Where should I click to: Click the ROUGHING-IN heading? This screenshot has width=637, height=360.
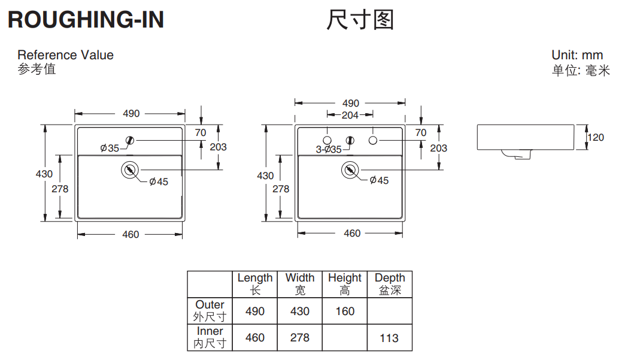86,20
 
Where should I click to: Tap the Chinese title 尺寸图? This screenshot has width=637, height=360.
360,20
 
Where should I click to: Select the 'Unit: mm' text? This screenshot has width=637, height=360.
577,55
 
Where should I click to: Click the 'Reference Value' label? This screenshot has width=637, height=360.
65,55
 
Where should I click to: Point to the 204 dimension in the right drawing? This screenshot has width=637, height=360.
350,115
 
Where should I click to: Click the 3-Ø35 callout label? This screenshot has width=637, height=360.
329,149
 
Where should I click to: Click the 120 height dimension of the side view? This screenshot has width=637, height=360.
596,137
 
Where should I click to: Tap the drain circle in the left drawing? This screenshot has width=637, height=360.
129,170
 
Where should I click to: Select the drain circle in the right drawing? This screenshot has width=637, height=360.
350,170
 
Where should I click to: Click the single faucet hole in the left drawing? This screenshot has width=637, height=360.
130,141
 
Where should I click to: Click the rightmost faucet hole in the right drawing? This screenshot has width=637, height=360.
373,140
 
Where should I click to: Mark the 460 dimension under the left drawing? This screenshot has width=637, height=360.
131,234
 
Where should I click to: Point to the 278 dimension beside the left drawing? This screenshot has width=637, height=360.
60,189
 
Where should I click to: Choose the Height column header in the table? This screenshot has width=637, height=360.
344,284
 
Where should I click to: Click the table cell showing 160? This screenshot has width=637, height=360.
344,311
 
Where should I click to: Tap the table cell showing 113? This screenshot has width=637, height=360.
389,338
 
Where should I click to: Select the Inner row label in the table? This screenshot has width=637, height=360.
210,337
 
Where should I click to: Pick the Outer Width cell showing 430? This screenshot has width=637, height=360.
299,311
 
